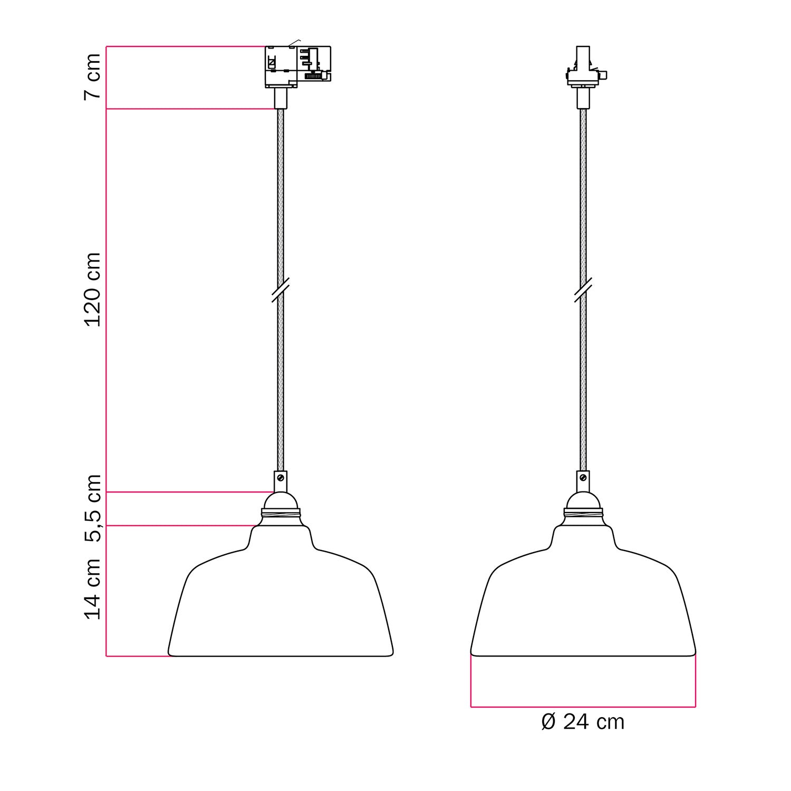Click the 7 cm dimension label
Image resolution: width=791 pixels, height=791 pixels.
pos(92,76)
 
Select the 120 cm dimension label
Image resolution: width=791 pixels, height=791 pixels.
pos(92,289)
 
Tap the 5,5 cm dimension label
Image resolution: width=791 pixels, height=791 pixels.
pos(92,508)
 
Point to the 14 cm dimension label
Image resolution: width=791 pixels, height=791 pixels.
pos(92,589)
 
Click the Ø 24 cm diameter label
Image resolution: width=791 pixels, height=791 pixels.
pos(583,722)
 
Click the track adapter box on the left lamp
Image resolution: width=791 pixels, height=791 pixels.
pos(297,66)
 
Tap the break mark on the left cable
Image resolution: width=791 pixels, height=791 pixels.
pos(281,290)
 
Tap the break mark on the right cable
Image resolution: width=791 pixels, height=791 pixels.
pos(583,290)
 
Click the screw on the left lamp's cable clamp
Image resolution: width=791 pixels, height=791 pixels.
pos(281,478)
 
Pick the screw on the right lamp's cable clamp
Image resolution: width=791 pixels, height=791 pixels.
pos(583,478)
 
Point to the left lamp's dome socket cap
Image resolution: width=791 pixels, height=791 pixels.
pos(281,500)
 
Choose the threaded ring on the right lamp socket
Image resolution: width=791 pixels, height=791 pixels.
pos(583,513)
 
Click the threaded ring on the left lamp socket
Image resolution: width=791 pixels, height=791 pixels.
pos(281,513)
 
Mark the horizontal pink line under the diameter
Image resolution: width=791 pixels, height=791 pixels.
pos(583,706)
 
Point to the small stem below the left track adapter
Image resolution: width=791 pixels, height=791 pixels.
pos(281,98)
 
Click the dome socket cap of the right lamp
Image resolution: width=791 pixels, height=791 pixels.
pos(583,500)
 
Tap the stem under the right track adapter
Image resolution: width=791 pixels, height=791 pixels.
pos(583,98)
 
